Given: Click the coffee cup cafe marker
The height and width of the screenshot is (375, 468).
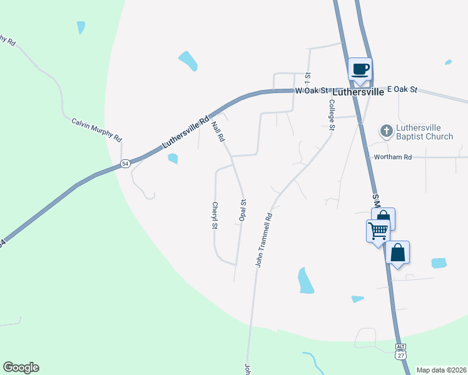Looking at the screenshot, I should pos(360,69).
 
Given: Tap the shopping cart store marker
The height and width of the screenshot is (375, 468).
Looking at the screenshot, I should pos(378,231).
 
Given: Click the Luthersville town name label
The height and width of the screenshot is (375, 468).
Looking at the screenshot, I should pos(358,91).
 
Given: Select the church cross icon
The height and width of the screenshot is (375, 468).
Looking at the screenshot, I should pos(386,131).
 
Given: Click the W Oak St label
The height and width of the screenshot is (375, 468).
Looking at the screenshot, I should pos(311,91).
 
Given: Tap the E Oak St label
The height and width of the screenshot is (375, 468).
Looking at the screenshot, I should pos(402,89).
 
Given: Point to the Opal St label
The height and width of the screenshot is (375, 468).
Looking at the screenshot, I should pos(243,211).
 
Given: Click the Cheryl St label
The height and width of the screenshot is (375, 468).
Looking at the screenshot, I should pos(215,216).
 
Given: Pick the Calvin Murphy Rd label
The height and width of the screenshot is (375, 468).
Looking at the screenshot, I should pos(96,130).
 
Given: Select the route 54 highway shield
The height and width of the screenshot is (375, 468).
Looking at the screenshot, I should pos(125,163).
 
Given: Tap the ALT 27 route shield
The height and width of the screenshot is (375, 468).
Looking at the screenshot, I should pos(400,351).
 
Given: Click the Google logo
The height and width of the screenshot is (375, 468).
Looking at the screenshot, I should pos(21,367).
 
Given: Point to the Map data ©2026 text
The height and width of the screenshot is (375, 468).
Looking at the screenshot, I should pos(441,370).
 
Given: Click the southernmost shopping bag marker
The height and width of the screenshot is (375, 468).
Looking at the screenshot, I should pos(397,253).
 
